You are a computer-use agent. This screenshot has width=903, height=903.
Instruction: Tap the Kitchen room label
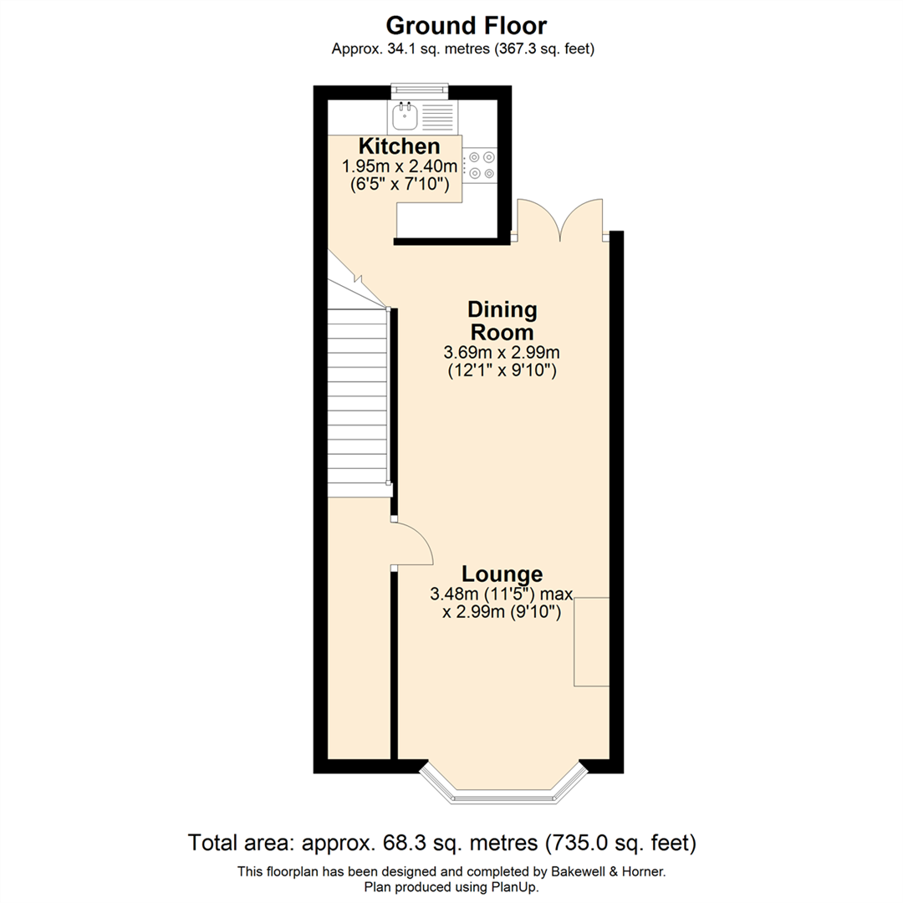(x=399, y=146)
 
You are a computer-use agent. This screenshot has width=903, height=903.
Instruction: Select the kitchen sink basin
(x=405, y=114)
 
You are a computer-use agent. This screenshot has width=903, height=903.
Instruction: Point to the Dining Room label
(x=502, y=320)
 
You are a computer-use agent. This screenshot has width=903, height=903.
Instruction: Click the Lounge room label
(x=502, y=574)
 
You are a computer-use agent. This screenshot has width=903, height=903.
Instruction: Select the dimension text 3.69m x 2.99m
(x=502, y=352)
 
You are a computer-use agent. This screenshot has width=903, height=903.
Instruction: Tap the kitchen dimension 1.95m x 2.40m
(x=400, y=166)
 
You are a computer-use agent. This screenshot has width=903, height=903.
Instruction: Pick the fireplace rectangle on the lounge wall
(x=590, y=641)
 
